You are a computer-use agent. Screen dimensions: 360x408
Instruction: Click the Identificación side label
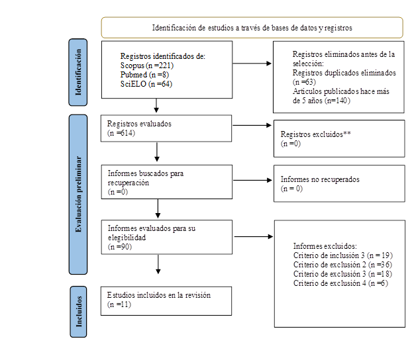pos(80,72)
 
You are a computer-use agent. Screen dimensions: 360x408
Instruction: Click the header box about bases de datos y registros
pos(252,27)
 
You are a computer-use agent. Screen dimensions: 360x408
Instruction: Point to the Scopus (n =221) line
pos(146,66)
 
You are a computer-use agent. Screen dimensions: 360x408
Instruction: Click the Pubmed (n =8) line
pos(142,75)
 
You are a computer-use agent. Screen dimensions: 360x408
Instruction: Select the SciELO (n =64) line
pos(146,84)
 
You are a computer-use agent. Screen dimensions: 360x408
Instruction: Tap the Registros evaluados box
pos(166,128)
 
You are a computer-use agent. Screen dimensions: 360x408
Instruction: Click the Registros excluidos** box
pos(338,138)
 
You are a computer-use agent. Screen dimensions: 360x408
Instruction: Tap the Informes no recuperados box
pos(338,183)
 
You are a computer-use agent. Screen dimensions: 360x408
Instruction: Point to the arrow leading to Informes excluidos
pos(252,236)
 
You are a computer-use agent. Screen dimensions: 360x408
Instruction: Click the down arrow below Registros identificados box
pos(156,105)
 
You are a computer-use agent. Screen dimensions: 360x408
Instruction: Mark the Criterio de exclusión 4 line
pos(340,283)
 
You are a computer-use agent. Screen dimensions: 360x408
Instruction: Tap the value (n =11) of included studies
pos(119,304)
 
